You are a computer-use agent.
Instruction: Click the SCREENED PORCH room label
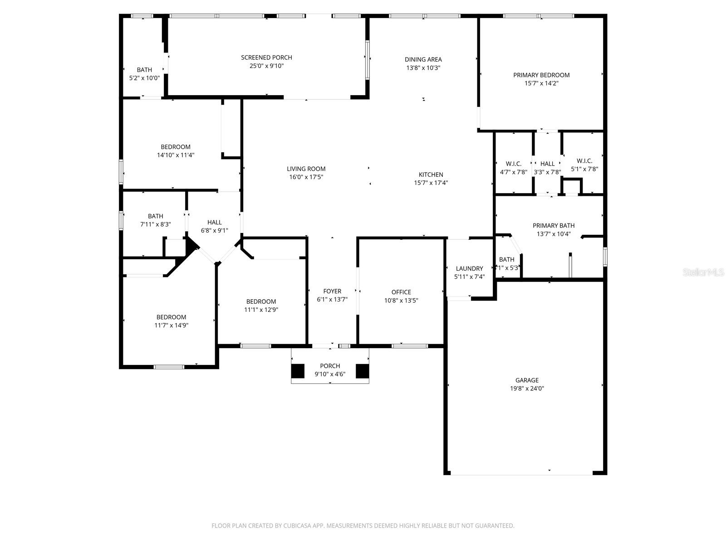266,58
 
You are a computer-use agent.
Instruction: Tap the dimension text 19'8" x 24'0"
527,389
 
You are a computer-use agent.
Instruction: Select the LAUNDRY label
469,268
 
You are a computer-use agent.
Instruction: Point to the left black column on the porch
298,371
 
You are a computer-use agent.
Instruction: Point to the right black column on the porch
362,371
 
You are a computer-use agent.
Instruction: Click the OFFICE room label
401,292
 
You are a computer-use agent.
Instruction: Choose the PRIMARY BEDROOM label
541,75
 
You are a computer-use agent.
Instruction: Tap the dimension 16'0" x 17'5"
306,177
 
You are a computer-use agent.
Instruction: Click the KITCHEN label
431,175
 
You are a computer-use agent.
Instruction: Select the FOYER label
332,291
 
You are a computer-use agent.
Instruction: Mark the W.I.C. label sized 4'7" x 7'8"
514,164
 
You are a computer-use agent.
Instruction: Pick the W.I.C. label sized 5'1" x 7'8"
584,161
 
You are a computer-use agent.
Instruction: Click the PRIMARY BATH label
554,225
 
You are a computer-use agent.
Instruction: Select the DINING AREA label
423,59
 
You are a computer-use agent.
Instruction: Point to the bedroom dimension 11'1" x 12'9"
261,310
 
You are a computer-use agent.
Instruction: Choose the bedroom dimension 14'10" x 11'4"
176,155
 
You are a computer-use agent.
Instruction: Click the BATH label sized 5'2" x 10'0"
144,70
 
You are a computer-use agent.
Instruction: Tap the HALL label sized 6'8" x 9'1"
214,222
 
